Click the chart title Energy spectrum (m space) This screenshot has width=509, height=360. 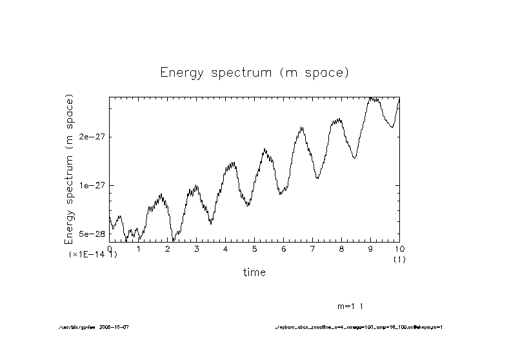254,72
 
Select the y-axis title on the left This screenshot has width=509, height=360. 69,169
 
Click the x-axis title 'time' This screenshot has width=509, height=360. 254,272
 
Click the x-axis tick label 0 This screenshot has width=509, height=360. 110,248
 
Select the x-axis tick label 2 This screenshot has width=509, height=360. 168,248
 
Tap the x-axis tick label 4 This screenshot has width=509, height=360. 226,248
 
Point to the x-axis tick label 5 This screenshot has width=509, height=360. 254,248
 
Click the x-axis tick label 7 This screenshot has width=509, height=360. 312,248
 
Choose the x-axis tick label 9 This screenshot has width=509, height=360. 370,248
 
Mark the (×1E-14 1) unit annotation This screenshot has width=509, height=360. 93,255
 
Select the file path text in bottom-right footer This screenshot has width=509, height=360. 359,327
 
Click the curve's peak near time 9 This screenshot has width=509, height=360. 372,98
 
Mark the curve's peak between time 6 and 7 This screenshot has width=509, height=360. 301,128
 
